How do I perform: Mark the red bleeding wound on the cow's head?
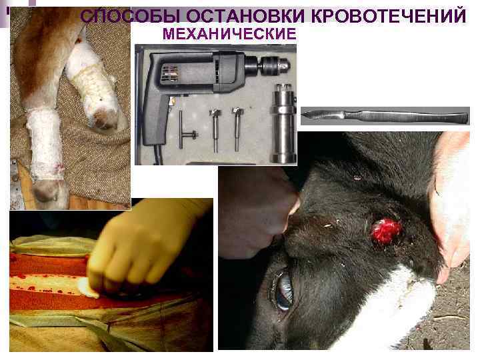(x=387, y=231)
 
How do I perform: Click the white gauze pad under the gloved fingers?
(x=87, y=287)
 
